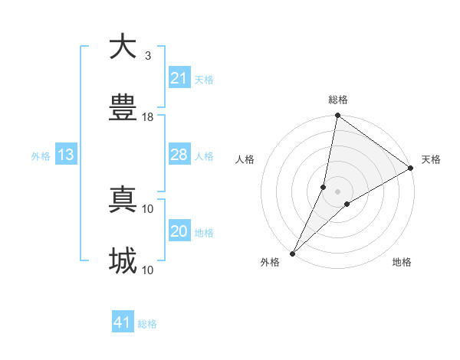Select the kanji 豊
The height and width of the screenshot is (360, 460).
coord(123,109)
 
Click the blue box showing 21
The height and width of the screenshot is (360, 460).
coord(179,78)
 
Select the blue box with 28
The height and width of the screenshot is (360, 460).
coord(179,155)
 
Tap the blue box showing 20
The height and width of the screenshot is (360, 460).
coord(179,231)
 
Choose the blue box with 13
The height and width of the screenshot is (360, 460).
coord(65,155)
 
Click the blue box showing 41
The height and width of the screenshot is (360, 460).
coord(122,322)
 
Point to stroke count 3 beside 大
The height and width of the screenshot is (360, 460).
coord(148,55)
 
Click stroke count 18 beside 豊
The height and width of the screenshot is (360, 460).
coord(148,117)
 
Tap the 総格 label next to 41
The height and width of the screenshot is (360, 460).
coord(147,324)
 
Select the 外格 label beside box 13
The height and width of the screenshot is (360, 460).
coord(41,155)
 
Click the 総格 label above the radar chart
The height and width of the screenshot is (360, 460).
coord(337,100)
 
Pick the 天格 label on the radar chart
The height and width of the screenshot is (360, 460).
coord(431,159)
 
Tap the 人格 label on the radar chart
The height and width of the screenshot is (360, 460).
coord(245,159)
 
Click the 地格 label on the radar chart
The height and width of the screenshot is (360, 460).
coord(402,262)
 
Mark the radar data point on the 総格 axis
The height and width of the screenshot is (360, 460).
coord(337,116)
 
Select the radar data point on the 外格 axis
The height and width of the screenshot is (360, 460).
coord(292,253)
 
